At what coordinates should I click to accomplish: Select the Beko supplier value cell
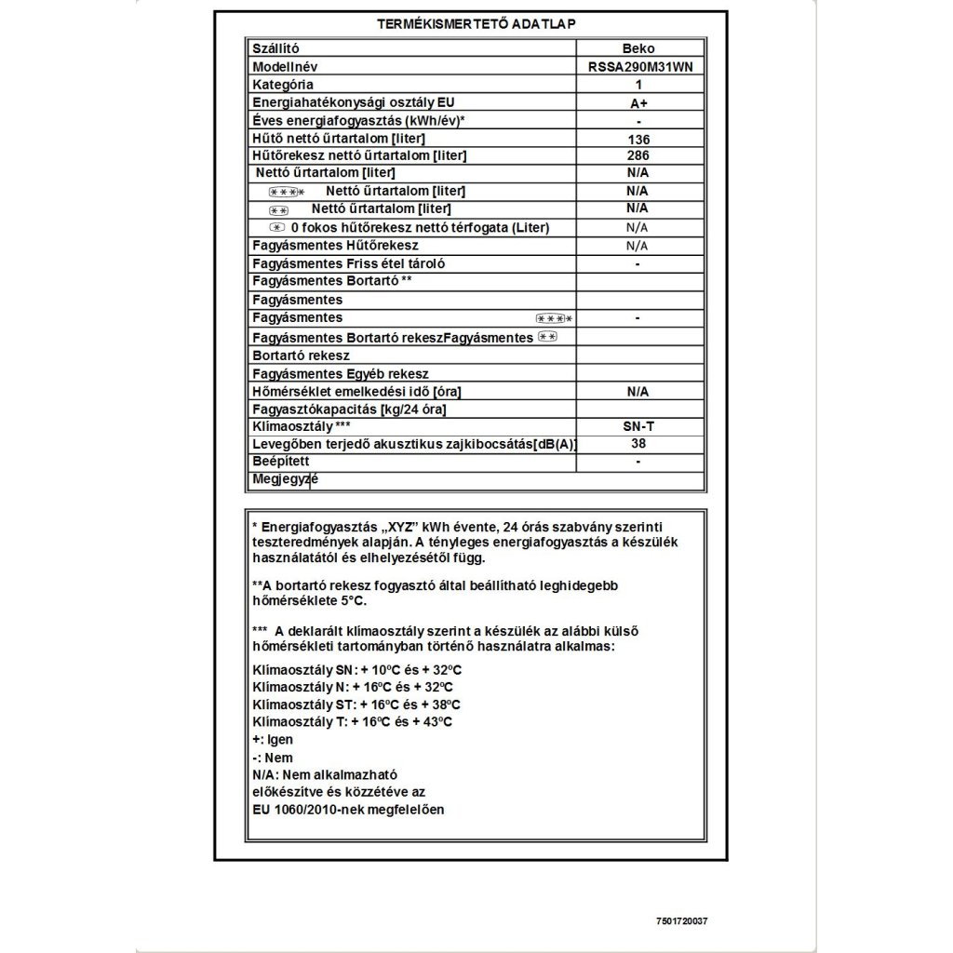point(637,48)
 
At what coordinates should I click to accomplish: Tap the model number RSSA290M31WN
point(637,67)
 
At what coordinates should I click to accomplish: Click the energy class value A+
point(637,103)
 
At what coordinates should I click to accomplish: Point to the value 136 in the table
point(637,140)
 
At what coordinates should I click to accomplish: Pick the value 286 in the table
point(637,156)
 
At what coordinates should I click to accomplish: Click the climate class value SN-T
point(637,425)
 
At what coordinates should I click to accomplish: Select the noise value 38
point(637,444)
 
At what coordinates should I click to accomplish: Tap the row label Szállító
point(276,48)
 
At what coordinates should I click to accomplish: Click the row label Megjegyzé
point(285,478)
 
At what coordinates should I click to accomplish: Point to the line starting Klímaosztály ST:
point(356,705)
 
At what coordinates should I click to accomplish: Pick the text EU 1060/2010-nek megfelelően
point(348,810)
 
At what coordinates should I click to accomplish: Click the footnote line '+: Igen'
point(272,740)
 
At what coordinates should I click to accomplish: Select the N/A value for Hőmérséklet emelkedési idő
point(637,392)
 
